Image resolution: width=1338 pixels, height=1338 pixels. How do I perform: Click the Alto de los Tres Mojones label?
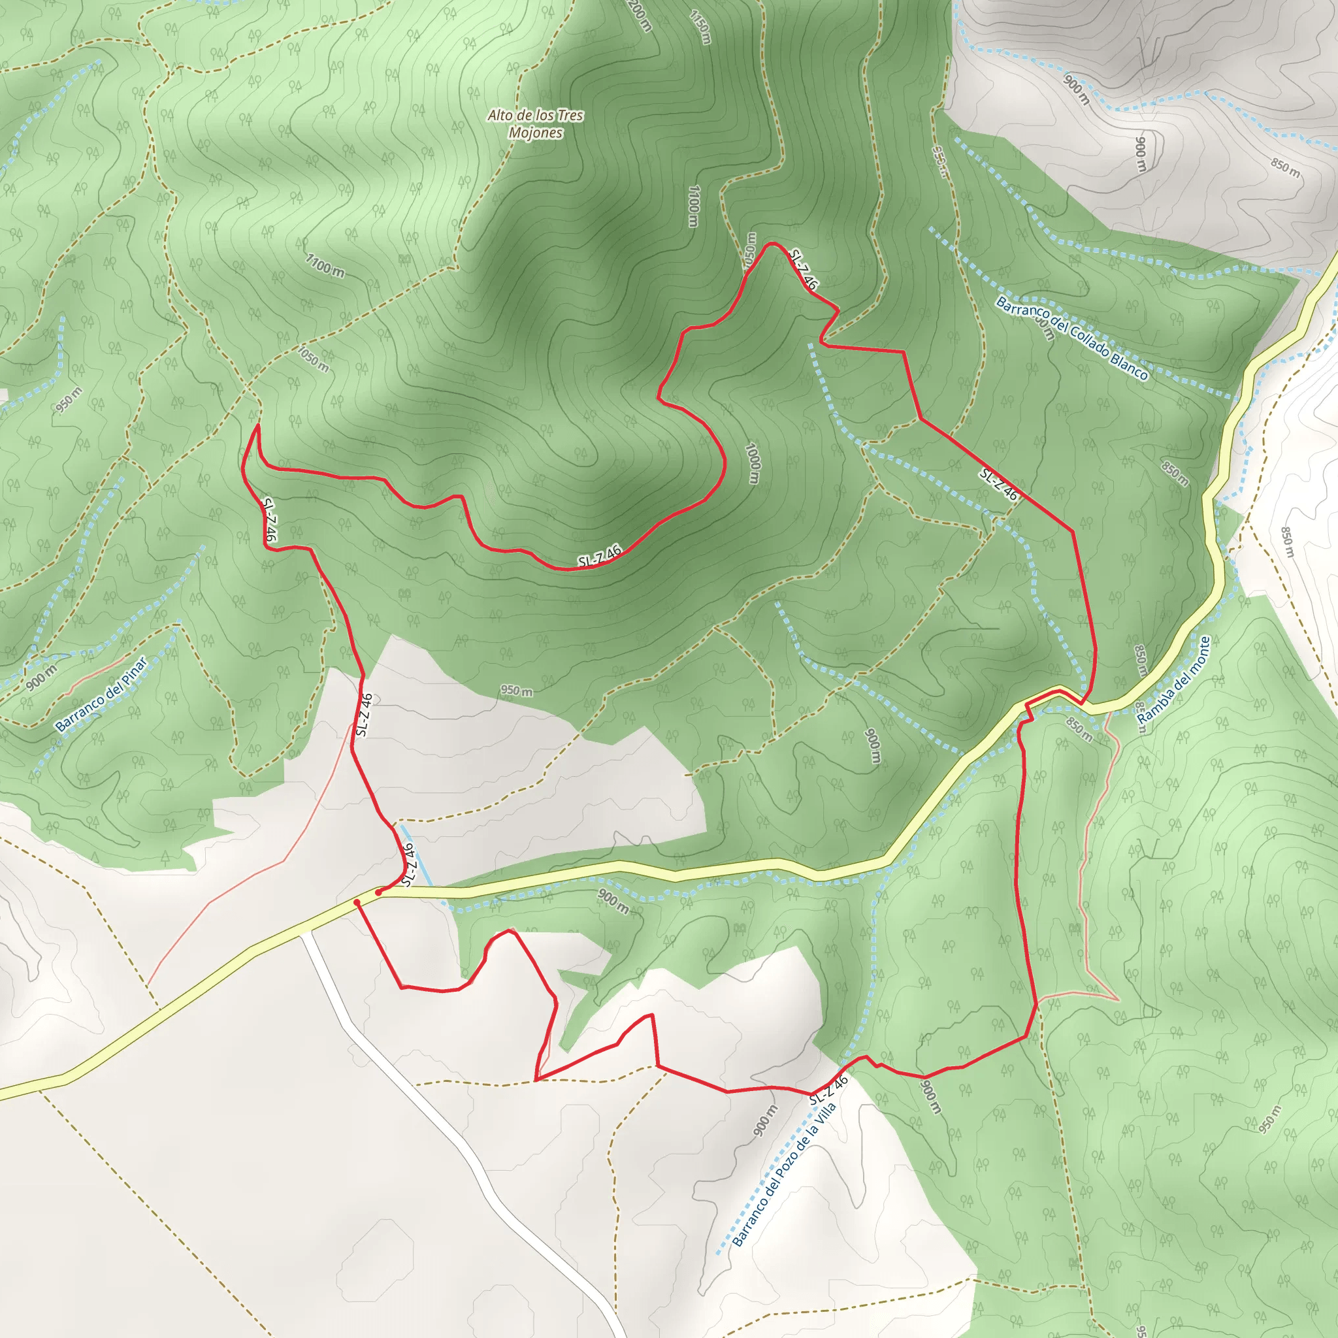pyautogui.click(x=534, y=124)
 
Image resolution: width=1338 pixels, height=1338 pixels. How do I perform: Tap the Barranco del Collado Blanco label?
pyautogui.click(x=1072, y=338)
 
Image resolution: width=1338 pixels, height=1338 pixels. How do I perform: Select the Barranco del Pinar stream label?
pyautogui.click(x=101, y=694)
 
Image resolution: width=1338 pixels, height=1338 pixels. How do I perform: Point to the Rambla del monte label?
pyautogui.click(x=1175, y=681)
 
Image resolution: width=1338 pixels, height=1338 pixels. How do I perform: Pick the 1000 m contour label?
pyautogui.click(x=753, y=463)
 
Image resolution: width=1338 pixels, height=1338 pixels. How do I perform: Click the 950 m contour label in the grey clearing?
pyautogui.click(x=517, y=691)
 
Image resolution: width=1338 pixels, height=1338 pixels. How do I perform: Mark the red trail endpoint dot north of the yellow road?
pyautogui.click(x=378, y=892)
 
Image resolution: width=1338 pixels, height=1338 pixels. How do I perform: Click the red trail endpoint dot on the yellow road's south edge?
pyautogui.click(x=357, y=902)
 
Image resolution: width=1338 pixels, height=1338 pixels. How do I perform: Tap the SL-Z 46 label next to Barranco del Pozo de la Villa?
pyautogui.click(x=828, y=1091)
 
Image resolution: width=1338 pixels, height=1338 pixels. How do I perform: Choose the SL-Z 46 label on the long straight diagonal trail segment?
pyautogui.click(x=998, y=484)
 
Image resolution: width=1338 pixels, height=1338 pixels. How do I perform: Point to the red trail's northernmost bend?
pyautogui.click(x=770, y=244)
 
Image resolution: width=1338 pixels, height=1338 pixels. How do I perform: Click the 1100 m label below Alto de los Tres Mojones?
pyautogui.click(x=693, y=206)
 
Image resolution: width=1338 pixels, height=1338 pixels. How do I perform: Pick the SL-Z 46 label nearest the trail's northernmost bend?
pyautogui.click(x=804, y=269)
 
